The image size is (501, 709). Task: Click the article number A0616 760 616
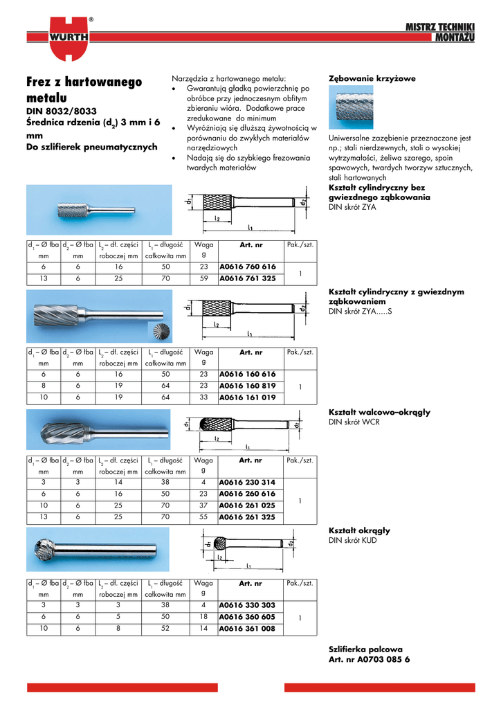coord(247,267)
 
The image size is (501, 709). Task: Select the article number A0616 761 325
coord(247,278)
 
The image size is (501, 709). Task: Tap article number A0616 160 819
coord(247,386)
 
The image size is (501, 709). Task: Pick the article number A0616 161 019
coord(247,398)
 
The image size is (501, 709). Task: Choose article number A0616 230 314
coord(247,482)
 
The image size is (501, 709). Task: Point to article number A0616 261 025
coord(247,505)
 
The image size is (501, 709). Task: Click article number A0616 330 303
coord(247,605)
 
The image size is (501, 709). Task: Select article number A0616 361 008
coord(247,629)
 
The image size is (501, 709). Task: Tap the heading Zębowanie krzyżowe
coord(372,79)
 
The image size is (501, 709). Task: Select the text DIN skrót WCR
coord(354,422)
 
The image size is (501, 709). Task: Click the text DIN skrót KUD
coord(353,540)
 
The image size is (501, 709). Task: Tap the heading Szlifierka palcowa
coord(365,649)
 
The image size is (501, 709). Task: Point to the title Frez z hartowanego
coord(84,82)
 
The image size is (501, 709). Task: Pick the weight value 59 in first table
coord(203,278)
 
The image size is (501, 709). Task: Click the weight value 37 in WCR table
coord(203,505)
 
